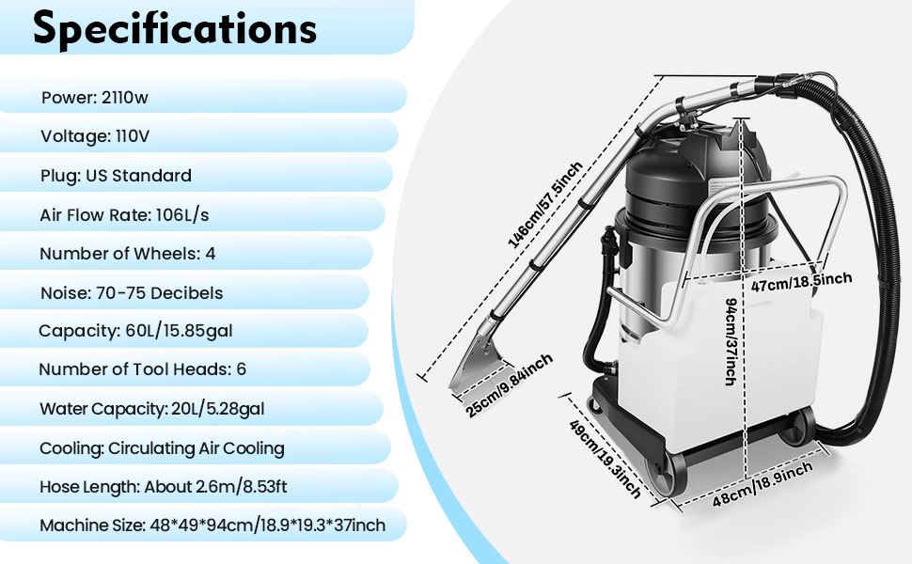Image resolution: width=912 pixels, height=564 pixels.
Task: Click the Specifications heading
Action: [175, 29]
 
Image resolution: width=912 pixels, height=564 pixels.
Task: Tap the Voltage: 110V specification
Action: [95, 136]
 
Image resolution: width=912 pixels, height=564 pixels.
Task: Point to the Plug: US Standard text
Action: [116, 176]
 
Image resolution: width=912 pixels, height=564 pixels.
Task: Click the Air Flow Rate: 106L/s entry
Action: [124, 215]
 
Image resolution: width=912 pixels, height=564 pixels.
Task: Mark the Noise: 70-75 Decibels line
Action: [132, 293]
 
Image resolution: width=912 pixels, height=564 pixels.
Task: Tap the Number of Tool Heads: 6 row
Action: [142, 369]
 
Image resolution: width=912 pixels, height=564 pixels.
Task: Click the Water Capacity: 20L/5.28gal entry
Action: [158, 409]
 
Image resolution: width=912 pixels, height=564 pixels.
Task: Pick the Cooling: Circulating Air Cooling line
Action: [162, 448]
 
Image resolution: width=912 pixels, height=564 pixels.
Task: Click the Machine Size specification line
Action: [212, 525]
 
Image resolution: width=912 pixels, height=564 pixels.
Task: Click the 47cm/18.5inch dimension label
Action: [802, 279]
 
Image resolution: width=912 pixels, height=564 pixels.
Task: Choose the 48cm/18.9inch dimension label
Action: [763, 486]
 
